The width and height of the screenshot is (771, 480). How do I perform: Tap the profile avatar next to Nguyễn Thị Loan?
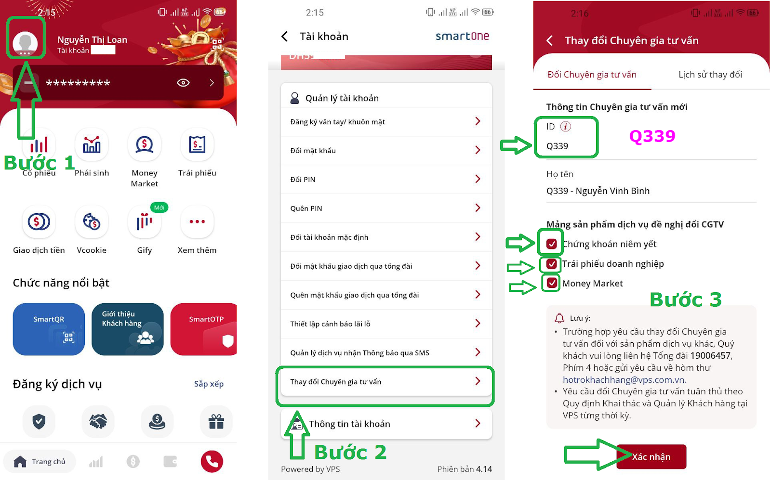click(x=25, y=43)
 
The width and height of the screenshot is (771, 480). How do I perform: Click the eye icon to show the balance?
click(x=183, y=82)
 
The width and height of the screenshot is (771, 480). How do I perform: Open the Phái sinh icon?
click(x=92, y=145)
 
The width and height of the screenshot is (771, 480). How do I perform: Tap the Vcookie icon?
click(x=92, y=222)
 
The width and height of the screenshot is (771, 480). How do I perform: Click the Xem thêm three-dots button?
click(x=197, y=222)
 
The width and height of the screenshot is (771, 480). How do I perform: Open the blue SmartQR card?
click(x=49, y=329)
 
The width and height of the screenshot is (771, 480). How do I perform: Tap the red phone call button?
click(x=212, y=461)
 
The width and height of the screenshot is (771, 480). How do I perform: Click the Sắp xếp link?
click(x=209, y=384)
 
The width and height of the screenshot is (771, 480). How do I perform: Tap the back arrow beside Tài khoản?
click(x=285, y=37)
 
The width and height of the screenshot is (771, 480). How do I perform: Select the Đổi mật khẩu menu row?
click(x=386, y=151)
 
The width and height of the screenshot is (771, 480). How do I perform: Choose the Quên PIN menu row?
click(x=386, y=208)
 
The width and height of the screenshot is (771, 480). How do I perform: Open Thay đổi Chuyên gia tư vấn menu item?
click(x=386, y=382)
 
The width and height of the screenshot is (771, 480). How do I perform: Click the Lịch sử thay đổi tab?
click(x=710, y=75)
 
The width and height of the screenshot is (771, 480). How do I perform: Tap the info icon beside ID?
click(x=565, y=127)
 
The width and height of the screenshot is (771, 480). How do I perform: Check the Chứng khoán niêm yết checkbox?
click(x=551, y=244)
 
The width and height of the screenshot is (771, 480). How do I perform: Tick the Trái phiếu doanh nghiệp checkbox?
click(x=551, y=264)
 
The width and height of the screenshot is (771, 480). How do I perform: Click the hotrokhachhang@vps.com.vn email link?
click(x=625, y=379)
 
